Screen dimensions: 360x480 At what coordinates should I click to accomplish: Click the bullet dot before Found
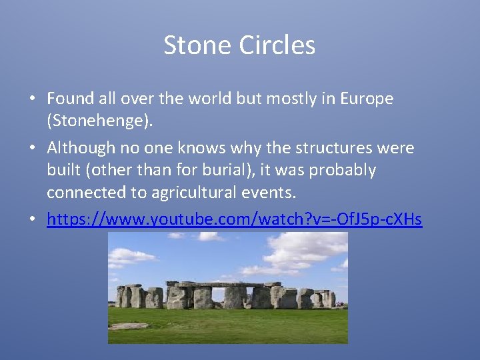[x=32, y=99]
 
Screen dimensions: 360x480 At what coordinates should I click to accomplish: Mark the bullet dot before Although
[x=32, y=148]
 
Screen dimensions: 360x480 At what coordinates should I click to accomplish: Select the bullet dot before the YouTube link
[x=32, y=219]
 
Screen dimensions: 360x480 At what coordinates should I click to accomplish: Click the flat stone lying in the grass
[x=129, y=326]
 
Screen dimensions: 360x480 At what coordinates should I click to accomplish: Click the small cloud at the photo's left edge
[x=123, y=255]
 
